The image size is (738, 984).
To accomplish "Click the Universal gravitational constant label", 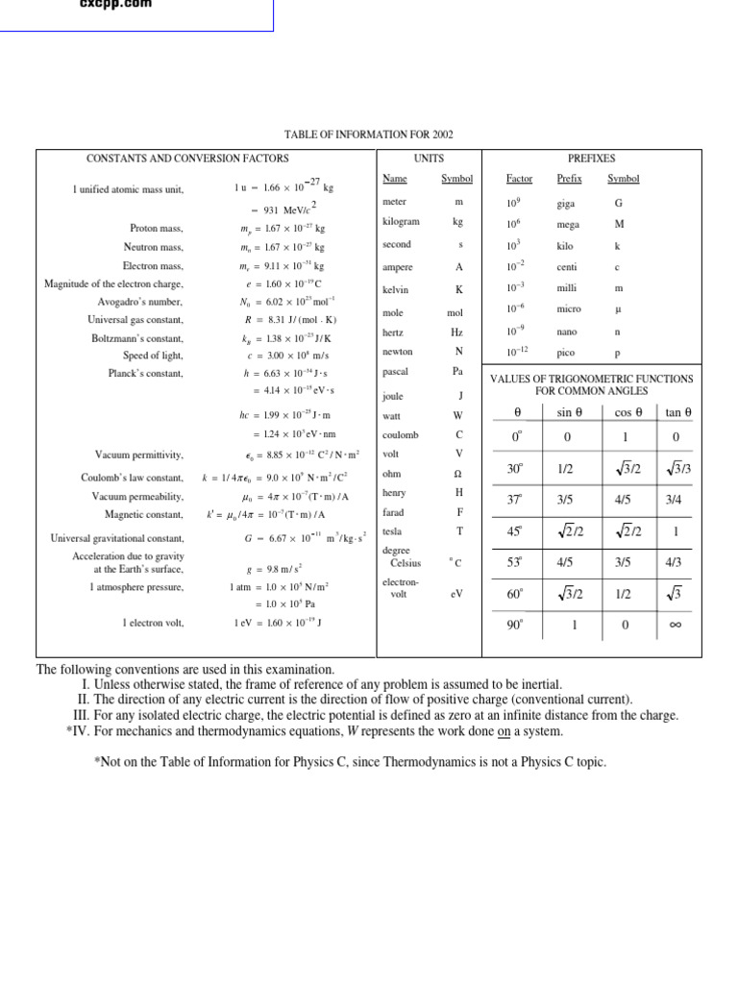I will [116, 538].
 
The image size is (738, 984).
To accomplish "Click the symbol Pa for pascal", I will [457, 370].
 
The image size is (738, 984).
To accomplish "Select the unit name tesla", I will [392, 530].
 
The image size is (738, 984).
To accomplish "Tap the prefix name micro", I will [569, 309].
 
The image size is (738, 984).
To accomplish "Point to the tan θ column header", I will [679, 412].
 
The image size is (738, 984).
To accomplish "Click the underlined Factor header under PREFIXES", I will [519, 179].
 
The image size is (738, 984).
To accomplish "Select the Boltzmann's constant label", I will [135, 337].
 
